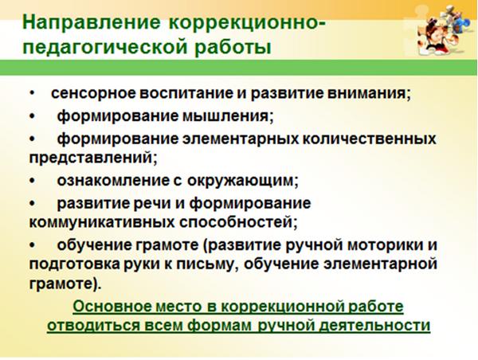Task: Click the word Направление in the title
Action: (92, 23)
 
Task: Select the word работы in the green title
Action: (233, 48)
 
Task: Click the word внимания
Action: (369, 93)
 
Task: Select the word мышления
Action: (228, 116)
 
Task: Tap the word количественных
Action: (369, 139)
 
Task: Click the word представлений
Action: (93, 158)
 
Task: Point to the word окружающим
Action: (242, 181)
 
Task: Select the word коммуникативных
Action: (102, 223)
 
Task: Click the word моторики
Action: (383, 245)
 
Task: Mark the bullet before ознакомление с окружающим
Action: (33, 181)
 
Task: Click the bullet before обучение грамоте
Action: (33, 245)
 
